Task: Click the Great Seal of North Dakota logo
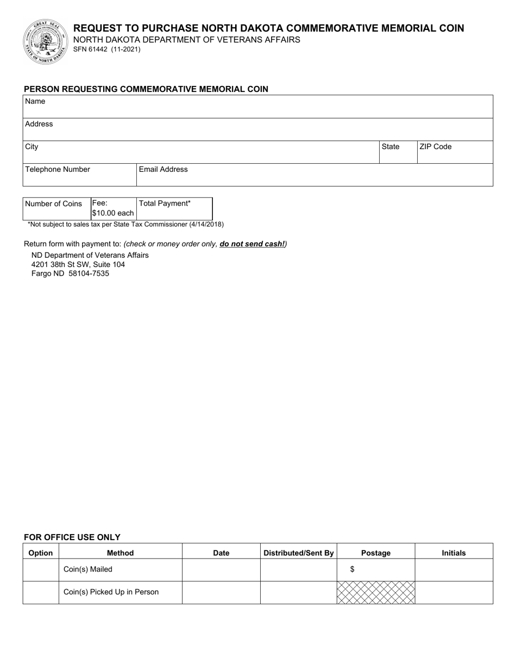click(45, 42)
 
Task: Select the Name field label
click(35, 101)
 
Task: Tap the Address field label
click(39, 124)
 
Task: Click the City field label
click(32, 147)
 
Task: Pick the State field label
click(391, 147)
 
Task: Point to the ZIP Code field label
click(435, 147)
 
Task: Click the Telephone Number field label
click(58, 170)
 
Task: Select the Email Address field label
click(163, 170)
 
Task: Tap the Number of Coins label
click(54, 204)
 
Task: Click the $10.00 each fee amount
click(113, 213)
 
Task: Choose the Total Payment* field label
click(165, 203)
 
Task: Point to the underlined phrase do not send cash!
click(252, 244)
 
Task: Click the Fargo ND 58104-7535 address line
click(70, 274)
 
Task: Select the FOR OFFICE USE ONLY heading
click(72, 537)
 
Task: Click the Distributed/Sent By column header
click(299, 553)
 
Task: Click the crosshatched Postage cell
click(376, 592)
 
